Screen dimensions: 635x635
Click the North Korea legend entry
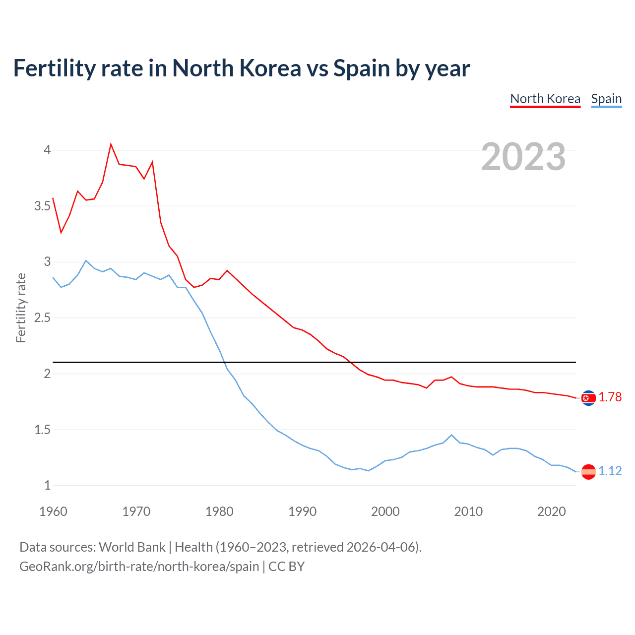pos(545,99)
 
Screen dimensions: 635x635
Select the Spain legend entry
pos(606,99)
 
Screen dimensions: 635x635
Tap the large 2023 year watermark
pos(523,157)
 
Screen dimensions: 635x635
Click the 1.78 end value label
pos(610,397)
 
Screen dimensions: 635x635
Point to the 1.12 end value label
pos(610,471)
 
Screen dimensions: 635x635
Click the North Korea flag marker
pos(588,398)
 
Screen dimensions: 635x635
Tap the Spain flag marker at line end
pos(588,471)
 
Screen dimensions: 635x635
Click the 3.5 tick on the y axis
pos(43,206)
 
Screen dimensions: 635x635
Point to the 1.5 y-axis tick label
pos(43,430)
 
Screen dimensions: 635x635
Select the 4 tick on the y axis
pos(48,150)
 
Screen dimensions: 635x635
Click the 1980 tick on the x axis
pos(219,511)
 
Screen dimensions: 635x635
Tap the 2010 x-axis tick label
pos(468,511)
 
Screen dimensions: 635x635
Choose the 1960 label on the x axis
pos(53,511)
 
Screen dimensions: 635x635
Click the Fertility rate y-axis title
pos(21,308)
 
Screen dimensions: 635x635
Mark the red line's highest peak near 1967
pos(111,144)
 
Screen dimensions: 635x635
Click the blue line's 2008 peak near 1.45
pos(451,435)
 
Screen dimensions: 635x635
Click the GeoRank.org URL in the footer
pos(139,567)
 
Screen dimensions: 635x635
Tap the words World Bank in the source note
pos(132,547)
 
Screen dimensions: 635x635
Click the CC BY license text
pos(286,567)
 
